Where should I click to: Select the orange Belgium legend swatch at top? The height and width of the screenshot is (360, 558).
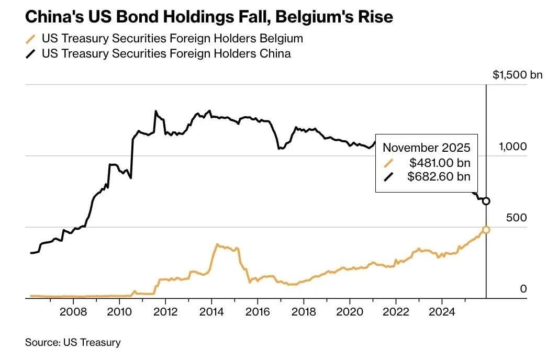pyautogui.click(x=31, y=39)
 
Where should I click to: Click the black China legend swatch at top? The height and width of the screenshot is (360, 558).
pyautogui.click(x=31, y=54)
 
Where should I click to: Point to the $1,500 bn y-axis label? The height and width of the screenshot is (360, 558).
pyautogui.click(x=517, y=75)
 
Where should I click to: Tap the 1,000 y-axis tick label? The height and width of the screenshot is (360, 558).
pyautogui.click(x=512, y=146)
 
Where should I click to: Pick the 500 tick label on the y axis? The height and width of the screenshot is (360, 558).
pyautogui.click(x=516, y=218)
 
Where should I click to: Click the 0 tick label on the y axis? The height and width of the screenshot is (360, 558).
pyautogui.click(x=523, y=288)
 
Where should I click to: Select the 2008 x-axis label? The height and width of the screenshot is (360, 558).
pyautogui.click(x=73, y=312)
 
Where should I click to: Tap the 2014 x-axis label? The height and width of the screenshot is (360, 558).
pyautogui.click(x=211, y=312)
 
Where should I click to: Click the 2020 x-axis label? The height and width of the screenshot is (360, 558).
pyautogui.click(x=350, y=312)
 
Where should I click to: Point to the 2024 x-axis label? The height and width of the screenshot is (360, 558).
pyautogui.click(x=442, y=312)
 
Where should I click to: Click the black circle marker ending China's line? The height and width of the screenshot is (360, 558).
pyautogui.click(x=486, y=201)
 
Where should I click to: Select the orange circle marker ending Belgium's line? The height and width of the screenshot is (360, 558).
pyautogui.click(x=486, y=230)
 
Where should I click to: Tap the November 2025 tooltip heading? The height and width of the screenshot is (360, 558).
pyautogui.click(x=426, y=147)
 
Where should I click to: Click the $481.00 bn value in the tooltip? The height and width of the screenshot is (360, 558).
pyautogui.click(x=440, y=163)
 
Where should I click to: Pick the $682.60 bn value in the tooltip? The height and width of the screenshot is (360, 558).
pyautogui.click(x=439, y=176)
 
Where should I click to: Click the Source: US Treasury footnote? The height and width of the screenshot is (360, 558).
pyautogui.click(x=73, y=342)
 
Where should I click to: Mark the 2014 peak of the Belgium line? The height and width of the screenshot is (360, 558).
pyautogui.click(x=217, y=244)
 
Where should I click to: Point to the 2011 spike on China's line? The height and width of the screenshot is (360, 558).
pyautogui.click(x=155, y=111)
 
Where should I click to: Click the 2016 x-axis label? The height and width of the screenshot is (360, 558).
pyautogui.click(x=258, y=312)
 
